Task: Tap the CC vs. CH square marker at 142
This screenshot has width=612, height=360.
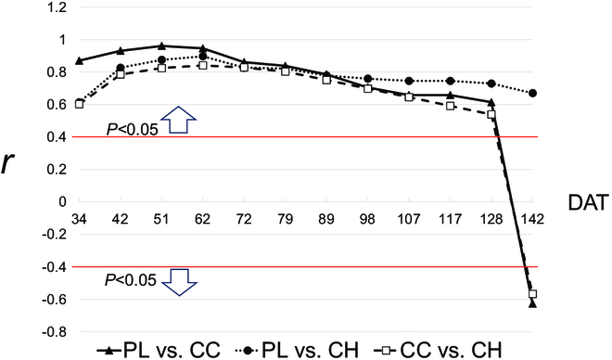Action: pos(532,293)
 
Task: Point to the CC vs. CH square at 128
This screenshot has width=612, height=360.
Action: pos(491,114)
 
